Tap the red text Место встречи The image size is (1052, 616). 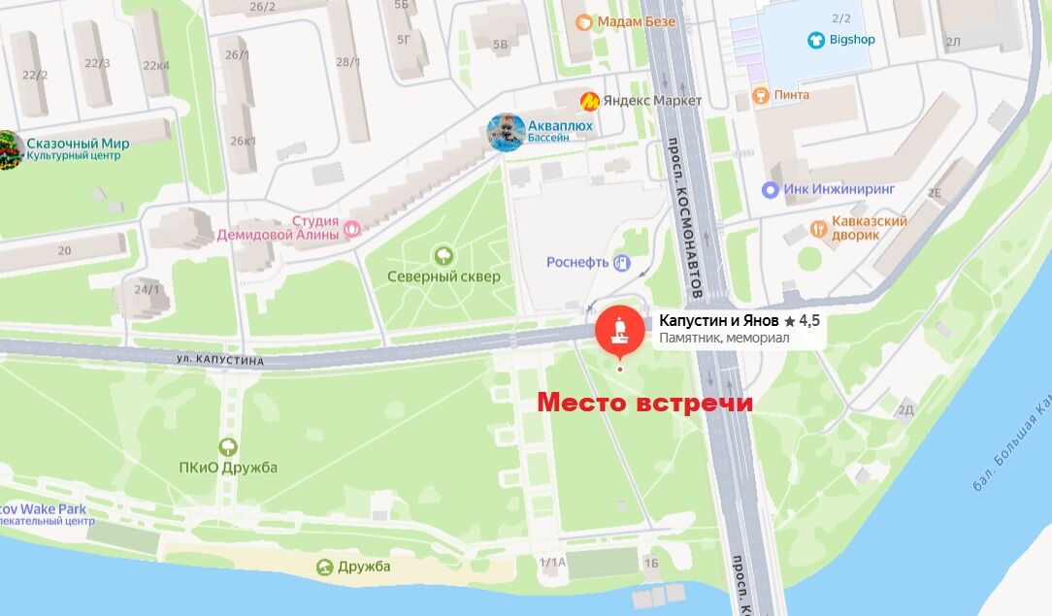pos(645,403)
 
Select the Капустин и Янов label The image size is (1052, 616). pos(719,320)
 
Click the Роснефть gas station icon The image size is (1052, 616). pos(622,262)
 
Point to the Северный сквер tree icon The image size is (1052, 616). pos(444,255)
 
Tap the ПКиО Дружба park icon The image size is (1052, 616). pos(228,447)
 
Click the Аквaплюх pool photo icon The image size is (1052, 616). pos(506,132)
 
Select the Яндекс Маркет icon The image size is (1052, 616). pos(589,101)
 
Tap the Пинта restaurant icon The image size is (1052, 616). pos(761,95)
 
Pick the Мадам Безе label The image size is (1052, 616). pos(632,21)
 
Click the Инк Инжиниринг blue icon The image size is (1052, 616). pos(771,189)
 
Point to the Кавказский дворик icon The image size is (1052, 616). pos(819,229)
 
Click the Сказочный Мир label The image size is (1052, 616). pos(78,144)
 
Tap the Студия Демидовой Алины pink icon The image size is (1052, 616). pos(352,230)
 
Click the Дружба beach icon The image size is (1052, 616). pos(324,567)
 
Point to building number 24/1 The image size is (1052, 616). pos(147,289)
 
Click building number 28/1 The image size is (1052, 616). pos(347,62)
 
